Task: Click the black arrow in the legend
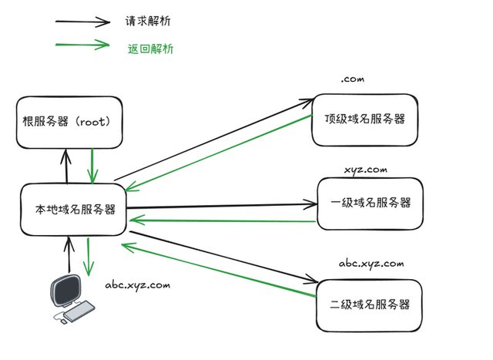click(82, 22)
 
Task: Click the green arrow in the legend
click(82, 45)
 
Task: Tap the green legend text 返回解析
click(150, 49)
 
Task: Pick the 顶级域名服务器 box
click(364, 119)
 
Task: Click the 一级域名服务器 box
click(370, 203)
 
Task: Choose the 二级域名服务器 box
click(370, 304)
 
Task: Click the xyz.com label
click(365, 169)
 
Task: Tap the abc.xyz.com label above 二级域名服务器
click(371, 264)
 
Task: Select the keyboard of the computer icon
click(79, 311)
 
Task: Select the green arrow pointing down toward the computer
click(89, 256)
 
